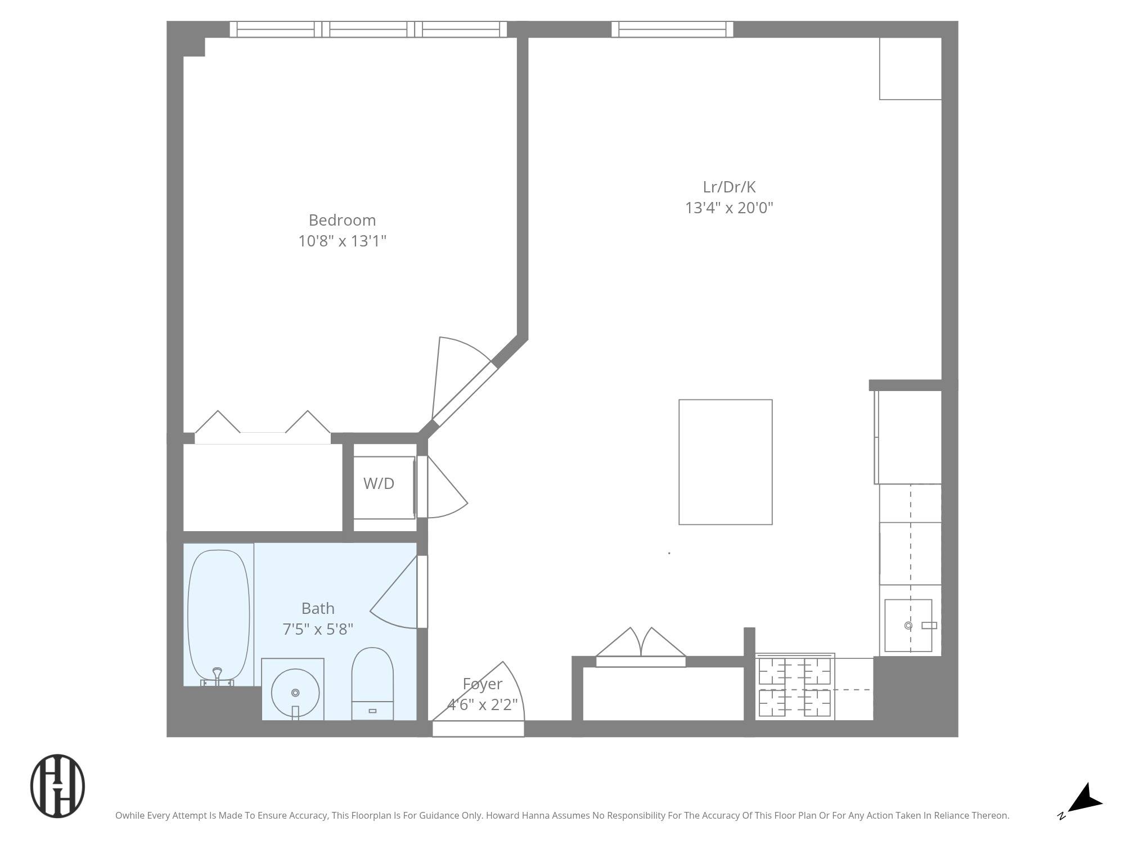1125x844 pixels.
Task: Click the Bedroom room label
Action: pyautogui.click(x=342, y=220)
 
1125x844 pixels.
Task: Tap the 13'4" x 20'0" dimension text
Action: pyautogui.click(x=729, y=208)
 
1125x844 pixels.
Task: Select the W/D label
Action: pyautogui.click(x=379, y=483)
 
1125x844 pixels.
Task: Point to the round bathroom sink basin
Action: pyautogui.click(x=295, y=693)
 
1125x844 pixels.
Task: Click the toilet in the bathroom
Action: pyautogui.click(x=372, y=684)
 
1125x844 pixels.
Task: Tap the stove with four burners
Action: pyautogui.click(x=794, y=688)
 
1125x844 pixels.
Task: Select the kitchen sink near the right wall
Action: pyautogui.click(x=908, y=626)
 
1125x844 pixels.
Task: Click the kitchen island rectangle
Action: pyautogui.click(x=725, y=462)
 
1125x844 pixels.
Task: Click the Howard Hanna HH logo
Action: pyautogui.click(x=57, y=786)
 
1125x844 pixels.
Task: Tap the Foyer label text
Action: pyautogui.click(x=482, y=684)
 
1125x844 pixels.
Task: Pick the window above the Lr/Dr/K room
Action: pyautogui.click(x=672, y=29)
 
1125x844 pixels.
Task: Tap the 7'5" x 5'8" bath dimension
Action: pyautogui.click(x=318, y=629)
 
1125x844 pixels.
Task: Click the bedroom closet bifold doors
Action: pyautogui.click(x=262, y=428)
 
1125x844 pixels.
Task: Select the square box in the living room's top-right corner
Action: pyautogui.click(x=910, y=69)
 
